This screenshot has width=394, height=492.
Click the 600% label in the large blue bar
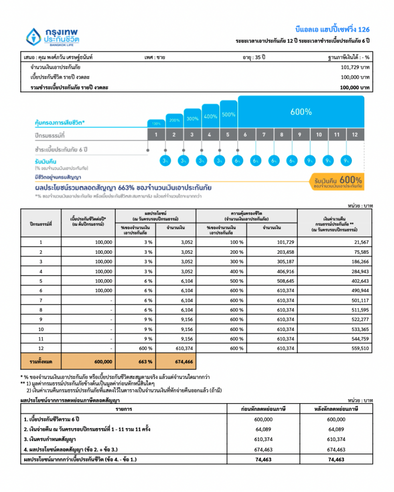click(301, 112)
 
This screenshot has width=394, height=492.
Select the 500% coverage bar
click(229, 115)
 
